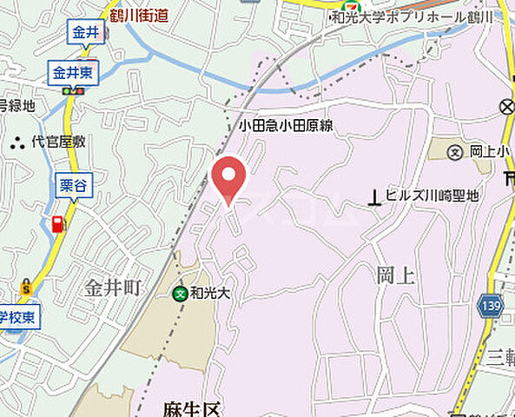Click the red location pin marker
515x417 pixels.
(228, 177)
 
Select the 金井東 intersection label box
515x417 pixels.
(74, 74)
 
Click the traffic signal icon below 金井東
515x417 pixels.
(74, 90)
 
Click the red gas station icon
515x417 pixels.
(58, 224)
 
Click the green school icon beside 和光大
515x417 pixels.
(180, 294)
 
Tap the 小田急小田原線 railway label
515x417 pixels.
(286, 127)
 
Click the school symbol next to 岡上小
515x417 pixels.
(455, 152)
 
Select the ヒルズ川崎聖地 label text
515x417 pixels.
(432, 196)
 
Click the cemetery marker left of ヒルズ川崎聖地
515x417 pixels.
(374, 197)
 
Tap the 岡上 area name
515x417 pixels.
(393, 276)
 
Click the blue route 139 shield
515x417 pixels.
(489, 305)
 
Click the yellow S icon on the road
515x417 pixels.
(27, 286)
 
